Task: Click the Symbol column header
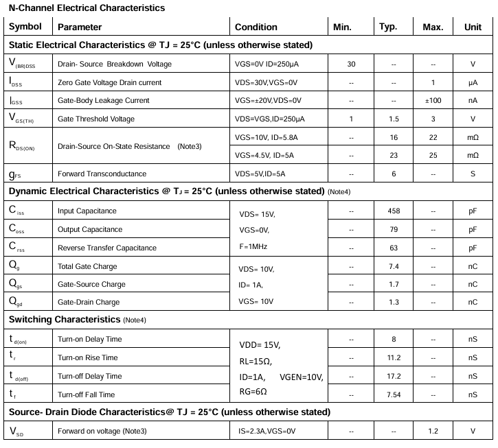tap(25, 27)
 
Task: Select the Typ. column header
tap(388, 27)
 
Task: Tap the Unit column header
tap(473, 27)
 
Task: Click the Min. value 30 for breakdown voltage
tap(351, 64)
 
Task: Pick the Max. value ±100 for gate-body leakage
tap(433, 100)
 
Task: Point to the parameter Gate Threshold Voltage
tap(96, 119)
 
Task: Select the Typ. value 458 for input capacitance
tap(394, 211)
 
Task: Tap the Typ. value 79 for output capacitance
tap(394, 229)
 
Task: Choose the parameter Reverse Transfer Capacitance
tap(106, 248)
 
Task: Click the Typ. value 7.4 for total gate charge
tap(394, 266)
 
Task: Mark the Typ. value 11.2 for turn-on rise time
tap(394, 357)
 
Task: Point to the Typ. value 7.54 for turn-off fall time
tap(394, 394)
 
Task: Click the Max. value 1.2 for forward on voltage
tap(433, 431)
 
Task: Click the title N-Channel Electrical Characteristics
tap(87, 8)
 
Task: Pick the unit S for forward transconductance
tap(473, 174)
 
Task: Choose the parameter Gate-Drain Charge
tap(89, 302)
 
